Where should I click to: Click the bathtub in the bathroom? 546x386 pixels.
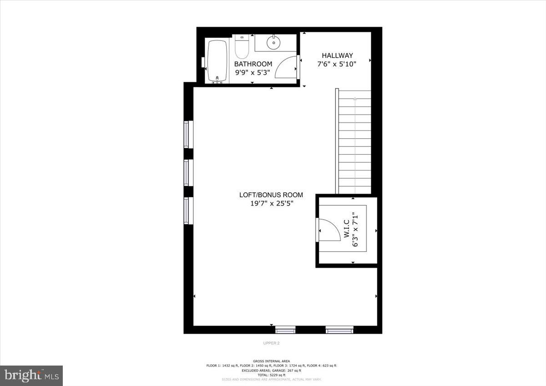[x=218, y=61]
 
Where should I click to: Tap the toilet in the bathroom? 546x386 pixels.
[x=241, y=46]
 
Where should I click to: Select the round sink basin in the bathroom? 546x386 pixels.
[x=273, y=44]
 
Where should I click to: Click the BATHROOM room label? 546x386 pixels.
[x=253, y=64]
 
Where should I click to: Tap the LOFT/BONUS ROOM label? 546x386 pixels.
[x=271, y=195]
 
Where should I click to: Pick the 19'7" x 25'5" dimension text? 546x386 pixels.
[x=271, y=204]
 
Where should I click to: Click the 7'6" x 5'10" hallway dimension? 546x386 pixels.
[x=336, y=65]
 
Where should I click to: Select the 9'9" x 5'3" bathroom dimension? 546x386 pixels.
[x=253, y=72]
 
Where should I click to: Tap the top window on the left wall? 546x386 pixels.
[x=187, y=134]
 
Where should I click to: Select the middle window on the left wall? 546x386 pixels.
[x=187, y=172]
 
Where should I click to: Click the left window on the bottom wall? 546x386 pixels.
[x=285, y=330]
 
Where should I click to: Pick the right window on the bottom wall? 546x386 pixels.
[x=340, y=330]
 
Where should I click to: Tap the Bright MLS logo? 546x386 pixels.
[x=31, y=376]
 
